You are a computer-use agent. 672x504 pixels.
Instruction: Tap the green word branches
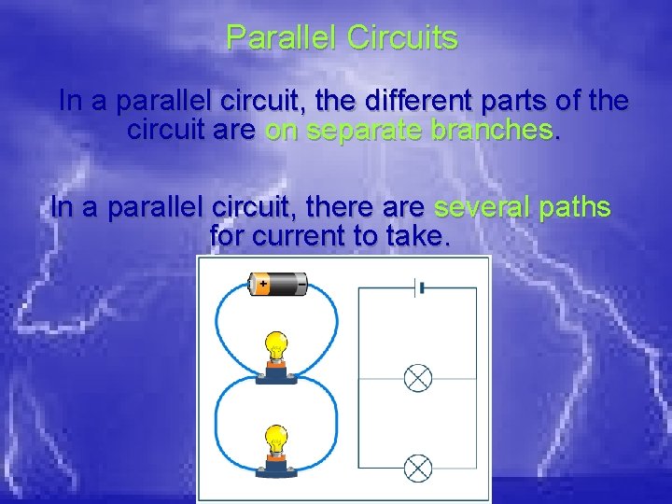pos(491,131)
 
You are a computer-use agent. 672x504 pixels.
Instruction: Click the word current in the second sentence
pos(298,237)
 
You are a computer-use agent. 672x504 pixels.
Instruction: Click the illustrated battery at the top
pos(277,283)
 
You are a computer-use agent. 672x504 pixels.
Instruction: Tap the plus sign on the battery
pos(262,283)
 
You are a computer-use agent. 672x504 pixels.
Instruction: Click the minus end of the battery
pos(302,283)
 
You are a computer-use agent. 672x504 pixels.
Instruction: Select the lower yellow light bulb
pos(276,439)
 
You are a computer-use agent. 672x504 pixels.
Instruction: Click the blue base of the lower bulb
pos(276,468)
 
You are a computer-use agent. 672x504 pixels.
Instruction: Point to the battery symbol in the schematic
pos(420,288)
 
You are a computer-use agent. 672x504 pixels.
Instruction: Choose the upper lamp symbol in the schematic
pos(417,378)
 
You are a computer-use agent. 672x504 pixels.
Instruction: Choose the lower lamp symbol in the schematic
pos(417,467)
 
